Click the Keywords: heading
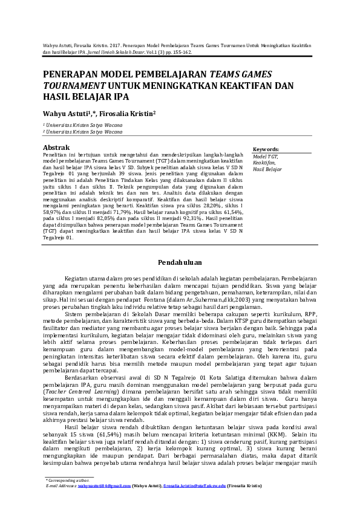pyautogui.click(x=266, y=149)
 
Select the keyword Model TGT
pyautogui.click(x=266, y=157)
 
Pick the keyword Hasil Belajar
pyautogui.click(x=267, y=170)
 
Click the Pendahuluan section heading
pyautogui.click(x=180, y=262)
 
